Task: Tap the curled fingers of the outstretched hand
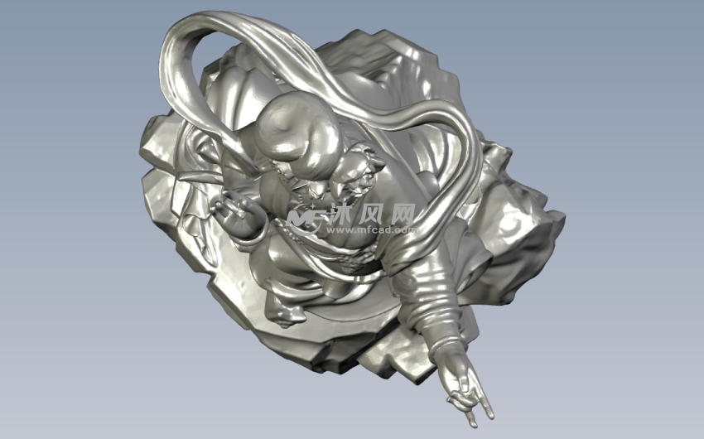459,398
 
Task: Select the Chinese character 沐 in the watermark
343,214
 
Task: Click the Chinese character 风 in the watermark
373,214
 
